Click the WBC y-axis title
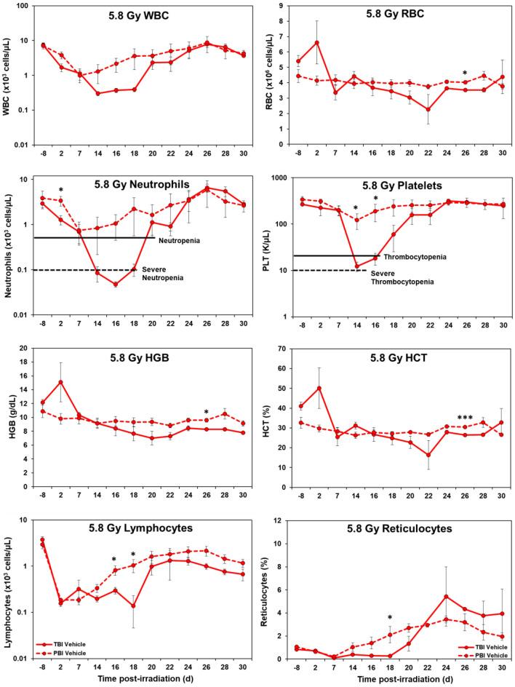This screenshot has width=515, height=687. pyautogui.click(x=9, y=75)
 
